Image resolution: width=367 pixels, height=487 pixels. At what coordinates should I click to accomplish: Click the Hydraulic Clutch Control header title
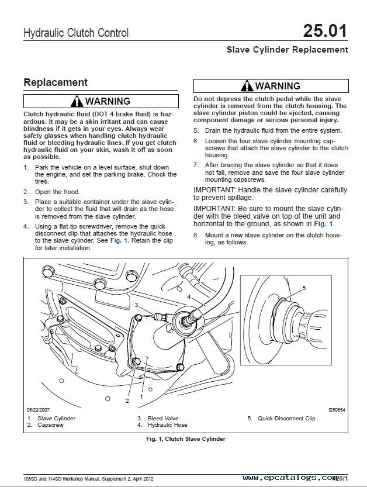[76, 33]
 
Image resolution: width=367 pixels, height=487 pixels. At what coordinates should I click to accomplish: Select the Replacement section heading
[56, 82]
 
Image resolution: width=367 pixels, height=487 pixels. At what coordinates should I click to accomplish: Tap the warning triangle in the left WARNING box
[77, 101]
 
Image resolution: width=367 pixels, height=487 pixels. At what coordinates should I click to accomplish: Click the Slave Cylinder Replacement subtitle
[287, 50]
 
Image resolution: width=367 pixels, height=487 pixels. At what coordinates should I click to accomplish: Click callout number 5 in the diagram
[304, 288]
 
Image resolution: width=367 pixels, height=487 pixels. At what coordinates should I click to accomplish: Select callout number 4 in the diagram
[189, 296]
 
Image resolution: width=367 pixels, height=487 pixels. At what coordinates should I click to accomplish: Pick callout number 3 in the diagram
[136, 305]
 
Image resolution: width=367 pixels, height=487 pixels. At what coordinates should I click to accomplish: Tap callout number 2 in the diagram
[127, 400]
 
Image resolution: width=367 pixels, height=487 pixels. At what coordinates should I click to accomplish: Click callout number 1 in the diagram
[141, 396]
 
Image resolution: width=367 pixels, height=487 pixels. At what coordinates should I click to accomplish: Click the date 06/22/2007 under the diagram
[39, 410]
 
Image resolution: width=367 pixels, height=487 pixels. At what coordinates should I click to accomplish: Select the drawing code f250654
[336, 410]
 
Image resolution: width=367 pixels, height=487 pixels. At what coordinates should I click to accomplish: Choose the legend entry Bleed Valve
[162, 419]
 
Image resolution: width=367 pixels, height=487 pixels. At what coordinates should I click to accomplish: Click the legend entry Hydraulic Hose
[167, 425]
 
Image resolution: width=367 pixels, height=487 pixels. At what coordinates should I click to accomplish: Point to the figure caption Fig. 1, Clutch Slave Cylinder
[186, 438]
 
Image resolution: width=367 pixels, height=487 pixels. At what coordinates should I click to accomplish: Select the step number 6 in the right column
[196, 141]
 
